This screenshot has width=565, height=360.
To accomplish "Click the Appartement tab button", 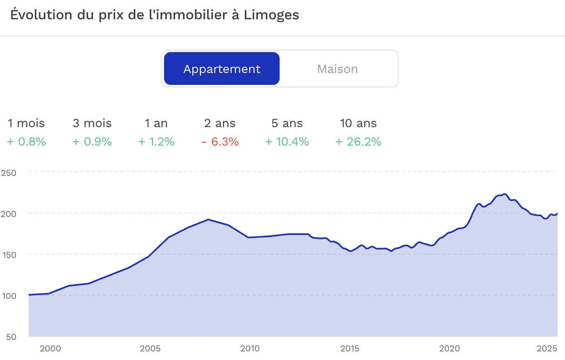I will (x=222, y=68).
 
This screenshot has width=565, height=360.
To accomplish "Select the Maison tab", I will (x=337, y=69).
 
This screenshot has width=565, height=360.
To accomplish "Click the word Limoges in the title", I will (x=271, y=15).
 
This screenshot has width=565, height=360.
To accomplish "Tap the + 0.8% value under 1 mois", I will (x=27, y=142).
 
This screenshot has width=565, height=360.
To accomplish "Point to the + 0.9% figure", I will (x=92, y=142).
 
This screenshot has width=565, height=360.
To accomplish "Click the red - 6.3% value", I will (x=220, y=142).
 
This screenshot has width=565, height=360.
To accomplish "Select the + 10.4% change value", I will (x=287, y=142).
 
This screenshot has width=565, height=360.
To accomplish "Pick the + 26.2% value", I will (x=358, y=142).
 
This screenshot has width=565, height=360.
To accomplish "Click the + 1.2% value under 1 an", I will (x=156, y=142).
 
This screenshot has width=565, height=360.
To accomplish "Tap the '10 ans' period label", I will (x=358, y=123).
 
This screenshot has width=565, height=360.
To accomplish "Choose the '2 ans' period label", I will (x=220, y=123).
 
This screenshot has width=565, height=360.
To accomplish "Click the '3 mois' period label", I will (x=92, y=123).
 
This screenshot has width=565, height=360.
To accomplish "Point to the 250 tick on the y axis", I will (x=9, y=173).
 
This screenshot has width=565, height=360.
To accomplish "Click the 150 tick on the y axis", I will (x=9, y=255).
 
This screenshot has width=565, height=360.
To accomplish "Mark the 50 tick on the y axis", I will (x=11, y=337).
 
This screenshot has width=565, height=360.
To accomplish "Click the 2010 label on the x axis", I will (x=250, y=349).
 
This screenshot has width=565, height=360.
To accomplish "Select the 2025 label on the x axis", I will (x=547, y=349).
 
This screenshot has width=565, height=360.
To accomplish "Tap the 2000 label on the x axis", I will (x=50, y=349).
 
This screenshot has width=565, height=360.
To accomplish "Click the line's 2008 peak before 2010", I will (x=208, y=219).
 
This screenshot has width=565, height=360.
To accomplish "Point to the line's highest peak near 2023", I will (x=504, y=194).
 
